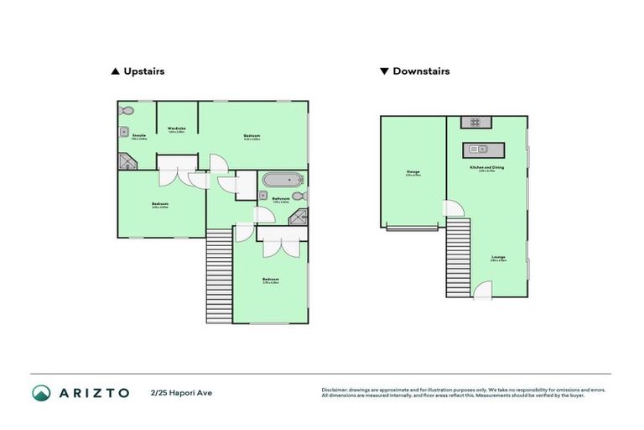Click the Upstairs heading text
click(143, 71)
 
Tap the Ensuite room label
click(139, 135)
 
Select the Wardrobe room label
click(176, 128)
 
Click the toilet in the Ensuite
click(127, 111)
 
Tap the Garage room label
click(413, 173)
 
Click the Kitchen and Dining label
click(487, 168)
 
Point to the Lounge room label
click(498, 257)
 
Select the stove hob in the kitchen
click(474, 123)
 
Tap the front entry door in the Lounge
click(483, 291)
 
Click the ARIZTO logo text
click(92, 393)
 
